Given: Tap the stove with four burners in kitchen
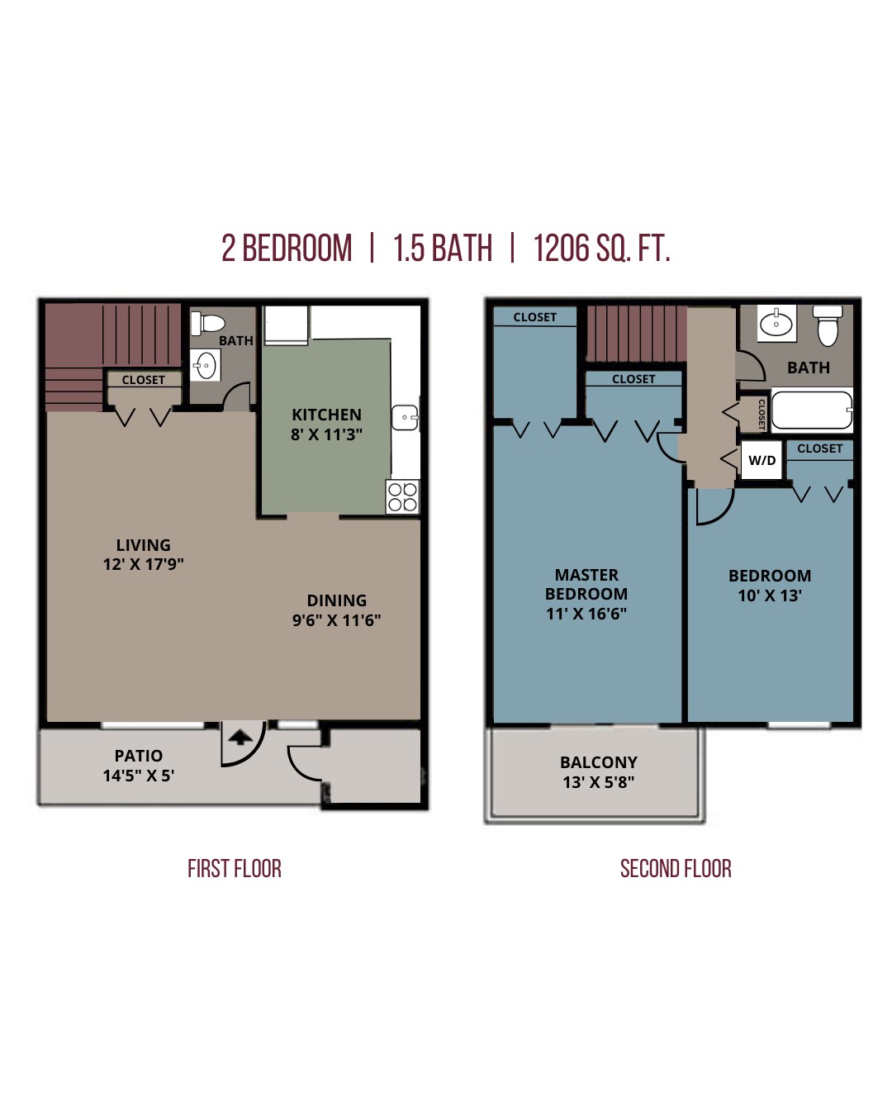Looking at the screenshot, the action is [x=402, y=497].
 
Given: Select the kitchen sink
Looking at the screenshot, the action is [x=405, y=417].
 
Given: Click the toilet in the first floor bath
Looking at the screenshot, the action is [x=207, y=323].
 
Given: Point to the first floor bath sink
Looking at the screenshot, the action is [x=206, y=365].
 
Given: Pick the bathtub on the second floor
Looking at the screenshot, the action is [x=812, y=410].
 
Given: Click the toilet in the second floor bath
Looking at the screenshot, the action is [x=828, y=325].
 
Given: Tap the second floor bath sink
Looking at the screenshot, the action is [x=776, y=324].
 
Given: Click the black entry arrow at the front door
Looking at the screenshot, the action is [x=240, y=738].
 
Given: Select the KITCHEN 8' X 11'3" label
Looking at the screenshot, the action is [x=326, y=425].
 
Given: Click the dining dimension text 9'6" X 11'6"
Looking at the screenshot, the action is [x=336, y=620].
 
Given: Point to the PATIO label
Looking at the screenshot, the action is [x=139, y=756].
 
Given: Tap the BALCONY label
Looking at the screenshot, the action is [x=599, y=762].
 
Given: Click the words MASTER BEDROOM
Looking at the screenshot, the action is [x=586, y=584].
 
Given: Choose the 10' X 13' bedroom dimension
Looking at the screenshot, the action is [x=770, y=595].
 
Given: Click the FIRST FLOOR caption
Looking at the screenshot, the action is [x=235, y=868].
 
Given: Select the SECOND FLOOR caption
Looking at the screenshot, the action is [x=676, y=868].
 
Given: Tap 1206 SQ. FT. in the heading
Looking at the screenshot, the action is [x=602, y=248].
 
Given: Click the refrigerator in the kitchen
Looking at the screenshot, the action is [x=287, y=325].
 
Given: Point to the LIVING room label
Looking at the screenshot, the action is [x=143, y=544].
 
